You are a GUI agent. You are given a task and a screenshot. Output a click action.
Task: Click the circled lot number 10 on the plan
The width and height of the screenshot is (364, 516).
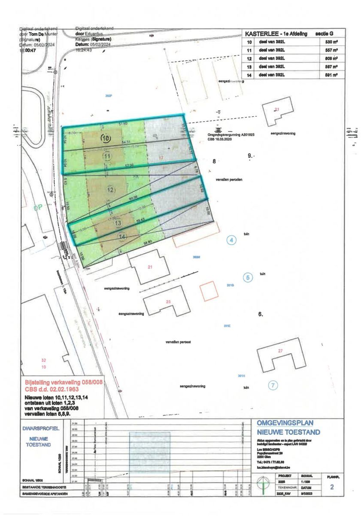coord(106,138)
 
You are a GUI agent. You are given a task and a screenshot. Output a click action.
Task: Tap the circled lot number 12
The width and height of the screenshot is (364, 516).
coord(111,190)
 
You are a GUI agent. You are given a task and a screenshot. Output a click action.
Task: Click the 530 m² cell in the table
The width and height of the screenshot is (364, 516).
coord(330,43)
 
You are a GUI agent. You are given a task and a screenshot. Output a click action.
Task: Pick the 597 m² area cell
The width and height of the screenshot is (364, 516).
coord(330,67)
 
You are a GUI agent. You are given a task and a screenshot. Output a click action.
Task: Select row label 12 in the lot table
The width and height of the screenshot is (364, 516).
coord(249,58)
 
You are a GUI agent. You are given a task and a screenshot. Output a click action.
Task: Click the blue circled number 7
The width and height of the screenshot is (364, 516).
coord(273,385)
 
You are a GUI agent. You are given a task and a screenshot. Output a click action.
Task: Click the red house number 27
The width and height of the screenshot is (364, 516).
coord(280,351)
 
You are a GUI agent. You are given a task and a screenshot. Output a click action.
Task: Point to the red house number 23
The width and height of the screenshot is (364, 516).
coord(168,302)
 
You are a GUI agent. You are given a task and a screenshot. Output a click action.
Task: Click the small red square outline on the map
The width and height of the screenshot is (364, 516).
coord(209,290)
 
